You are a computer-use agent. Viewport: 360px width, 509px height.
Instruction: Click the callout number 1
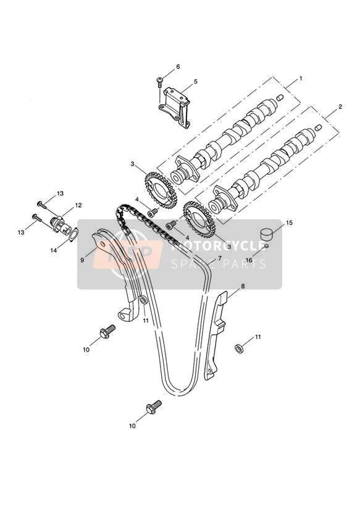pos(301,78)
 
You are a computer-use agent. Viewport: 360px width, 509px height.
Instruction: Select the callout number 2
pos(340,106)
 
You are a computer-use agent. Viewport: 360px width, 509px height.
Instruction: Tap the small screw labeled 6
pos(160,81)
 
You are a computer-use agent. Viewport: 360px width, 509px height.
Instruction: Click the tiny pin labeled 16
pos(267,246)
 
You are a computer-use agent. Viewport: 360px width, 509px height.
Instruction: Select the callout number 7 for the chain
pos(220,258)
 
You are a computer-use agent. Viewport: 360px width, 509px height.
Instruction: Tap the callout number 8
pos(243,286)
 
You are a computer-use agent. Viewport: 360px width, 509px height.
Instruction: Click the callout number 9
pos(83,259)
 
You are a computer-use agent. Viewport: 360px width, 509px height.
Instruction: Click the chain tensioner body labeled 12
pos(61,224)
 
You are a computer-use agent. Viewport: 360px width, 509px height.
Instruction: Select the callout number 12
pos(78,205)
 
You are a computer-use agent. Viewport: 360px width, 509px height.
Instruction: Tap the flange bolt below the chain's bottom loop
pos(154,407)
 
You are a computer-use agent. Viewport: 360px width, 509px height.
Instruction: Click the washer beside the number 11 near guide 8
pos(239,349)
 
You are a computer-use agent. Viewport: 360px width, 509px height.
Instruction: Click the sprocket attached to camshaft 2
pos(199,219)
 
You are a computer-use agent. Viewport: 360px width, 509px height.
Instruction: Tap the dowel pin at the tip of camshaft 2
pos(318,127)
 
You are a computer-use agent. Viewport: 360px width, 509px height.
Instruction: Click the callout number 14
pos(54,250)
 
